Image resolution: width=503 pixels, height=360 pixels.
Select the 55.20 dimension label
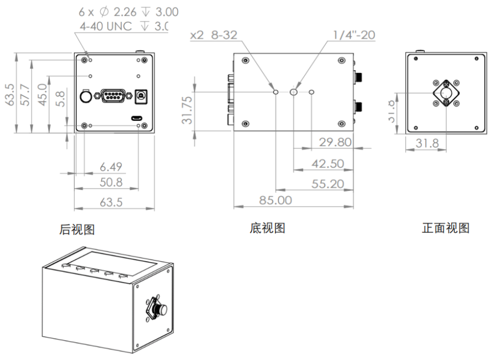[x=328, y=183]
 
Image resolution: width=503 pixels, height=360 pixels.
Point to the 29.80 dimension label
[x=335, y=142]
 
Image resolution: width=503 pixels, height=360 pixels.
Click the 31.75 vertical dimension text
[x=187, y=110]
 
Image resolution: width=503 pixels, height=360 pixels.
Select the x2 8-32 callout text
[x=214, y=35]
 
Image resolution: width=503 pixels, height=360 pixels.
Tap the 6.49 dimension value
[x=110, y=167]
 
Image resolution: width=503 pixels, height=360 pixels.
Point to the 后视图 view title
[x=77, y=230]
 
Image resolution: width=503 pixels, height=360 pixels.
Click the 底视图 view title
[x=267, y=229]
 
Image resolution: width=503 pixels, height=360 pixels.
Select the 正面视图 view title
[x=446, y=228]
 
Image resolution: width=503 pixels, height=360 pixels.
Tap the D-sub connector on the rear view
[x=112, y=95]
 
